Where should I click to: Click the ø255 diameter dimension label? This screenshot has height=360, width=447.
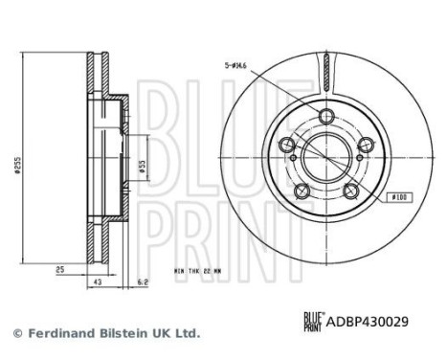click(x=18, y=165)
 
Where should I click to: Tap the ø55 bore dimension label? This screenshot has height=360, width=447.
click(x=143, y=167)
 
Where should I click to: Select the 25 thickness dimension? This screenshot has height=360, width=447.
click(x=60, y=270)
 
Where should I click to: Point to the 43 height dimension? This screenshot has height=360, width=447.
click(x=98, y=282)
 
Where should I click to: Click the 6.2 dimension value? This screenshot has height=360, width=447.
click(x=143, y=282)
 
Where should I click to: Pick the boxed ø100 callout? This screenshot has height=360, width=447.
click(x=399, y=197)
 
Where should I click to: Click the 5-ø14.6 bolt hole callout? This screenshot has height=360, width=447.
click(x=235, y=66)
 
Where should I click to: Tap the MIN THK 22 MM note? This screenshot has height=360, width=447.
click(x=197, y=271)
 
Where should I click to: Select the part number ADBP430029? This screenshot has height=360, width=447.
click(x=368, y=322)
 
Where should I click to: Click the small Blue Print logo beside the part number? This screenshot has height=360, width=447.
click(x=314, y=322)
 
